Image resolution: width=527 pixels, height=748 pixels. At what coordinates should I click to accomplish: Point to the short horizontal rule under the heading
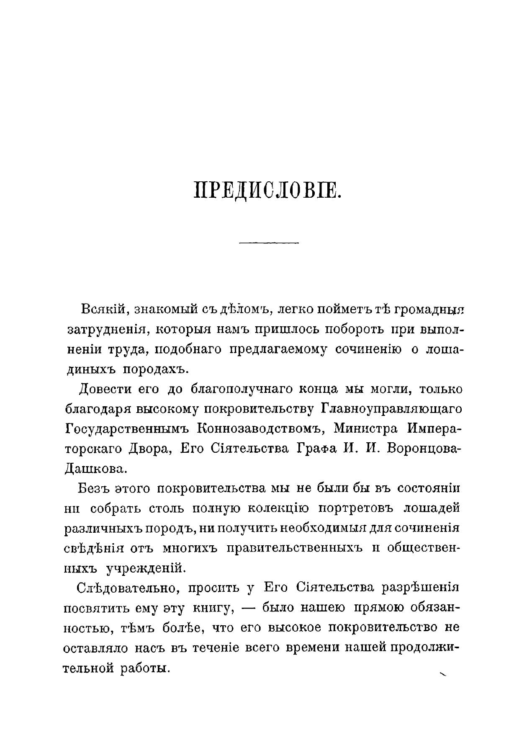[x=268, y=242]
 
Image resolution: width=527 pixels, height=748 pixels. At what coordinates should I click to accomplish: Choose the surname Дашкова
[x=95, y=468]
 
